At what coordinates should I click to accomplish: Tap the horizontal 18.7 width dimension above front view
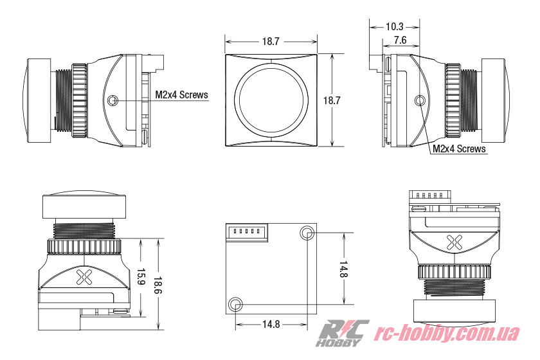click(x=270, y=41)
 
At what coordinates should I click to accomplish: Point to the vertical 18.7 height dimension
click(x=331, y=101)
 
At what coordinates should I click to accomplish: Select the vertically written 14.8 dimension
click(x=343, y=270)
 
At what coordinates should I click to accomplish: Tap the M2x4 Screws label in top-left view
click(x=182, y=95)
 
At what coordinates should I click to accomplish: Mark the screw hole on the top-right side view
click(x=421, y=101)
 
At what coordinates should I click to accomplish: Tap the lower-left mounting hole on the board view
click(x=236, y=303)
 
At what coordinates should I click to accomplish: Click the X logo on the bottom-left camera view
click(x=84, y=277)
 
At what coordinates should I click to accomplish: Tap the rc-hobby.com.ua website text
click(x=447, y=334)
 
